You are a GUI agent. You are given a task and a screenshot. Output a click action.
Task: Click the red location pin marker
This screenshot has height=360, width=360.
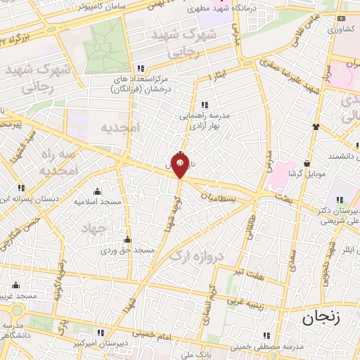180,167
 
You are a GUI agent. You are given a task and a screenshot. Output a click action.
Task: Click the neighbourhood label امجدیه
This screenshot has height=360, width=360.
120,127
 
